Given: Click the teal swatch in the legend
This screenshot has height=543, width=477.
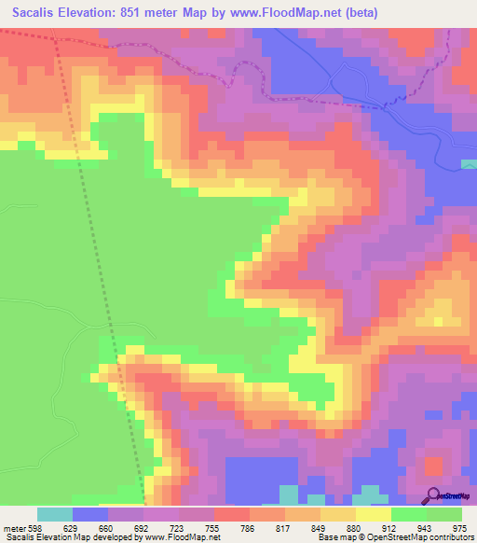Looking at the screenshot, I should click(55, 514).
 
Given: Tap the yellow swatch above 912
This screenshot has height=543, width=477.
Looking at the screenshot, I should click(374, 514).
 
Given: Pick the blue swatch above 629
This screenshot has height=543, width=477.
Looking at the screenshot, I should click(90, 514).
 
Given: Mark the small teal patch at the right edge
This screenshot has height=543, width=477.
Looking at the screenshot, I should click(469, 164).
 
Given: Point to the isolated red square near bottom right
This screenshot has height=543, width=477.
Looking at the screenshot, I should click(433, 464).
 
